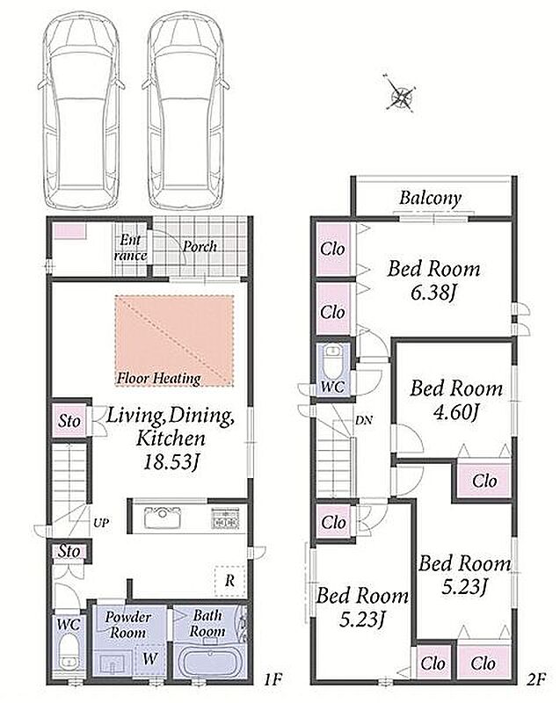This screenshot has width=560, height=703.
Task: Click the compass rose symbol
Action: click(400, 95)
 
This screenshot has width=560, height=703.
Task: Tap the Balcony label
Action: click(431, 199)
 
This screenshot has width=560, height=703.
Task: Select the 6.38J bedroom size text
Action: click(433, 293)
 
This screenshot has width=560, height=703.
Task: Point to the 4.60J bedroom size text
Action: click(456, 412)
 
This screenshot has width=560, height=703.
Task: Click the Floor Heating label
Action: click(159, 379)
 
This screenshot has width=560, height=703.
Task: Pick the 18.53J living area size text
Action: click(171, 462)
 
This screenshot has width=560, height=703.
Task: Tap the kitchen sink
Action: click(163, 517)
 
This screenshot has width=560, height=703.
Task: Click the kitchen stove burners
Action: click(226, 518)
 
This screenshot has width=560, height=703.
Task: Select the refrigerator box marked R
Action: click(229, 581)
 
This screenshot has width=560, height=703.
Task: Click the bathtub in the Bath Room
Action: click(209, 662)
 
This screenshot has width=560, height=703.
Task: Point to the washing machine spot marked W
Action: click(150, 658)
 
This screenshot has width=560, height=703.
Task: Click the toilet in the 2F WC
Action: click(332, 362)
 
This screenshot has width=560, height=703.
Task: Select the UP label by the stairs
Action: click(101, 523)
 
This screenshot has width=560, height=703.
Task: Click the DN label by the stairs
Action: click(363, 421)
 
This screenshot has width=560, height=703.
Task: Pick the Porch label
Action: click(200, 246)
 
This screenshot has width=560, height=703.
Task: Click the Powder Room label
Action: click(127, 625)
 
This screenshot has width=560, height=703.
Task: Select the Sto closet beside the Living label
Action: click(69, 421)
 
